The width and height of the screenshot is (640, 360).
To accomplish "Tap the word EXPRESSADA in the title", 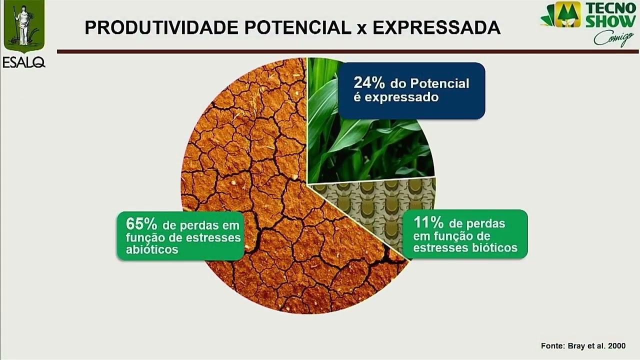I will pos(436,28).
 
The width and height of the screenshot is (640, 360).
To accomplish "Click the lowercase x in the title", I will pos(362,29).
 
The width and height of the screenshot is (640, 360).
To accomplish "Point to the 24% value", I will pos(368,82).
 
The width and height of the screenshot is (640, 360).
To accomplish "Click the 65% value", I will pos(141,223).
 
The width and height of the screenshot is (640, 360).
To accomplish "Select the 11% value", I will pos(428,222).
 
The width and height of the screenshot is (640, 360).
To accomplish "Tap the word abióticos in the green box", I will pos(152,249).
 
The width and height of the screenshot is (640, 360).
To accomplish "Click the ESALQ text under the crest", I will pos(23,62).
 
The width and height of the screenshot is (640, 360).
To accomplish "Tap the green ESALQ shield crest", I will pos(24,25).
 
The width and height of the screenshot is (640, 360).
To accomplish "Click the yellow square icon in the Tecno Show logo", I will pos(568,14).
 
